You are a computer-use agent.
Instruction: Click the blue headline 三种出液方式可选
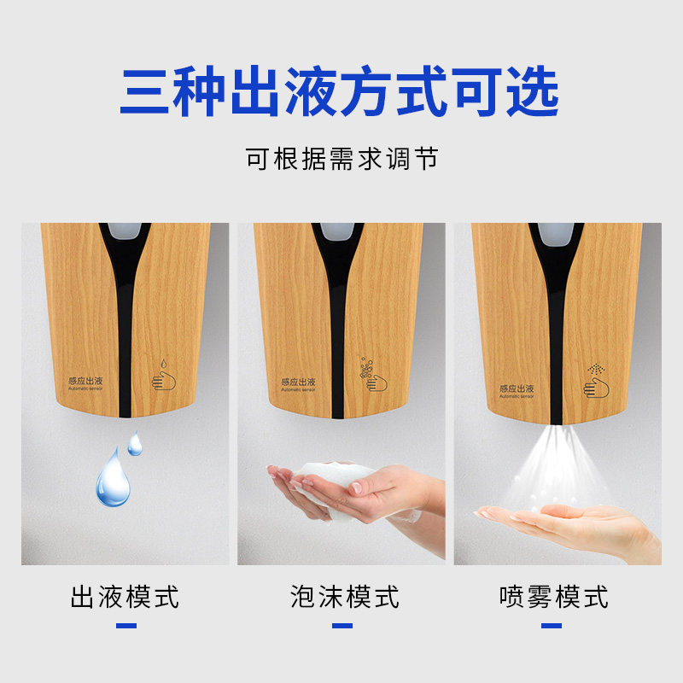point(339,91)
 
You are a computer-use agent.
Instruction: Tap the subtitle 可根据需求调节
point(342,159)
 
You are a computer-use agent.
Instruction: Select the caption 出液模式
point(125,597)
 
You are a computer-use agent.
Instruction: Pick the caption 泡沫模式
point(345,597)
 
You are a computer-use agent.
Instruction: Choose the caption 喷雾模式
point(553,597)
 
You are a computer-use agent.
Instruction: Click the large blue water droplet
point(113,479)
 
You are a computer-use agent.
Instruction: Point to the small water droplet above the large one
point(135,444)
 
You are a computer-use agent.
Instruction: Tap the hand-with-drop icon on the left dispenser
point(163,375)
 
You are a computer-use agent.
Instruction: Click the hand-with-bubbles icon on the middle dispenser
point(373,375)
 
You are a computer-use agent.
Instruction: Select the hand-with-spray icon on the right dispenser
point(596,381)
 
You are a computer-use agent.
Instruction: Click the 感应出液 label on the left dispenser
point(85,382)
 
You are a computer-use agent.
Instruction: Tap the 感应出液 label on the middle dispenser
point(298,384)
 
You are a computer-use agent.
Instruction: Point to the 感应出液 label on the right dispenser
point(517,391)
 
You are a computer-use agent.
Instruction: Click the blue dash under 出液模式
point(126,626)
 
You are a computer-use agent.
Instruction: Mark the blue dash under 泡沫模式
point(342,626)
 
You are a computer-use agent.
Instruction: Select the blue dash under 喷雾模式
point(552,626)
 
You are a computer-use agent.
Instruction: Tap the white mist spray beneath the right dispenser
point(557,466)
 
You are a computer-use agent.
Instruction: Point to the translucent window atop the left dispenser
point(125,231)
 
